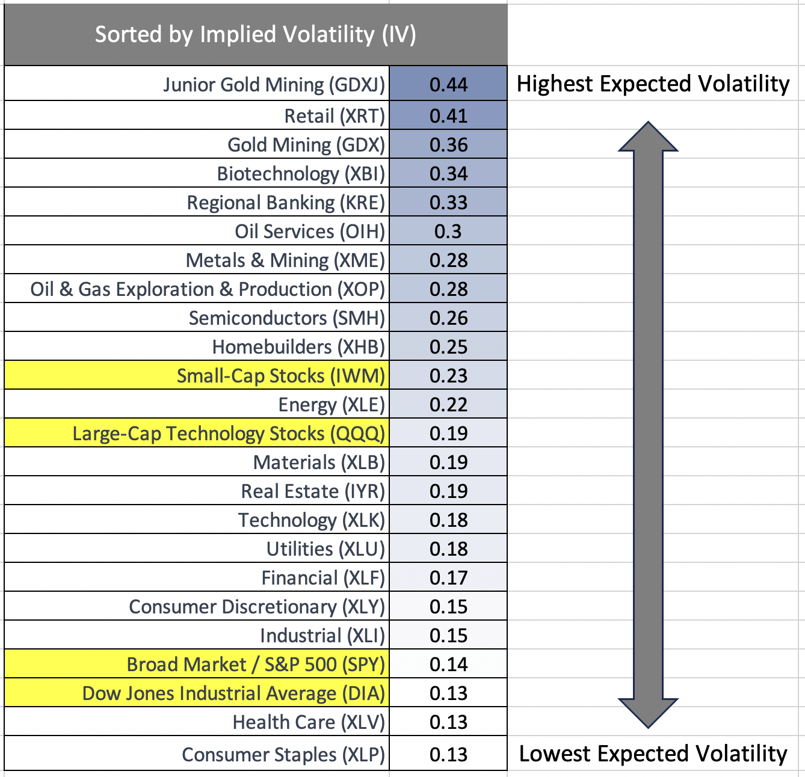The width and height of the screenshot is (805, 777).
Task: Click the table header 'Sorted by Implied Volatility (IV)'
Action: click(255, 34)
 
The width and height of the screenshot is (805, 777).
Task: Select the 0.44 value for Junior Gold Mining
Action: click(448, 85)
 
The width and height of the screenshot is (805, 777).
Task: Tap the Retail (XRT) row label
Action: click(335, 115)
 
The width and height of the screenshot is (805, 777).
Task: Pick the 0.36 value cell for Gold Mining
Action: click(448, 145)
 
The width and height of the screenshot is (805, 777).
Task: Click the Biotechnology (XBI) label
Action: click(301, 174)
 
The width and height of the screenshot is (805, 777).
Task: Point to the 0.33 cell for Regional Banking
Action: click(448, 203)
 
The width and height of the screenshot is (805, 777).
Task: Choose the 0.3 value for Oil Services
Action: click(448, 232)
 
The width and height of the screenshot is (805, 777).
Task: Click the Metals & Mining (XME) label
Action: click(285, 260)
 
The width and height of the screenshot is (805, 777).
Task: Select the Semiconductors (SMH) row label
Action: click(287, 318)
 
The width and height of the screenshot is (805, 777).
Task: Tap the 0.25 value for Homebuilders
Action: click(448, 347)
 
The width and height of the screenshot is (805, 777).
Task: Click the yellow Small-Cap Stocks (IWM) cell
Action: click(280, 376)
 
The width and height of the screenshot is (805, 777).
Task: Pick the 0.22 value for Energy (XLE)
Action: click(448, 405)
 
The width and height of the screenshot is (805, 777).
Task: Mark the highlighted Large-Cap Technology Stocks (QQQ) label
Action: click(229, 434)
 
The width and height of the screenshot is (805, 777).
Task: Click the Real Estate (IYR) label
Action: click(313, 491)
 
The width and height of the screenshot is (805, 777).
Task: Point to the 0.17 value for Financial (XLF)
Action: click(448, 578)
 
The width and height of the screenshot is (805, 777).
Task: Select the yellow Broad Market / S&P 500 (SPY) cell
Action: click(256, 665)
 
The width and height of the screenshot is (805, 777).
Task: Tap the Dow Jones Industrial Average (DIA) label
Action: click(233, 693)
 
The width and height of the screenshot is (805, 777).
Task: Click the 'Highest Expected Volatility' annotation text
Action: click(653, 84)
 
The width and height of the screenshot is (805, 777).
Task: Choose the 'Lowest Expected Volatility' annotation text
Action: click(653, 754)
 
